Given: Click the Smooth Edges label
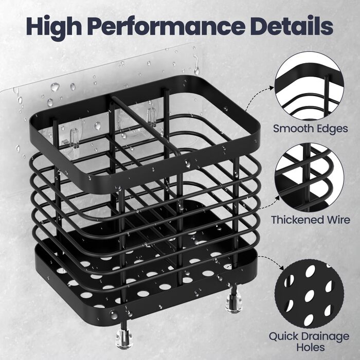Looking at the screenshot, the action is pyautogui.click(x=311, y=129).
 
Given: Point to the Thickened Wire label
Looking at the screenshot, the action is pyautogui.click(x=311, y=220).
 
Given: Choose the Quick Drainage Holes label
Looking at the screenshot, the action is pyautogui.click(x=309, y=341).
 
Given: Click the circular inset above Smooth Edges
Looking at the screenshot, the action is pyautogui.click(x=309, y=86).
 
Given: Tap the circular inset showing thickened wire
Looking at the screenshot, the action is pyautogui.click(x=309, y=177).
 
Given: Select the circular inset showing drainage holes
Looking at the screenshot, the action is pyautogui.click(x=309, y=294).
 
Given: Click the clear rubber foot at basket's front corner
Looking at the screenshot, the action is pyautogui.click(x=124, y=338).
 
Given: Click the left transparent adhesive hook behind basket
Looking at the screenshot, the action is pyautogui.click(x=74, y=138).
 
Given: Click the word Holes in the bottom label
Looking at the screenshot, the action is pyautogui.click(x=311, y=347).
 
